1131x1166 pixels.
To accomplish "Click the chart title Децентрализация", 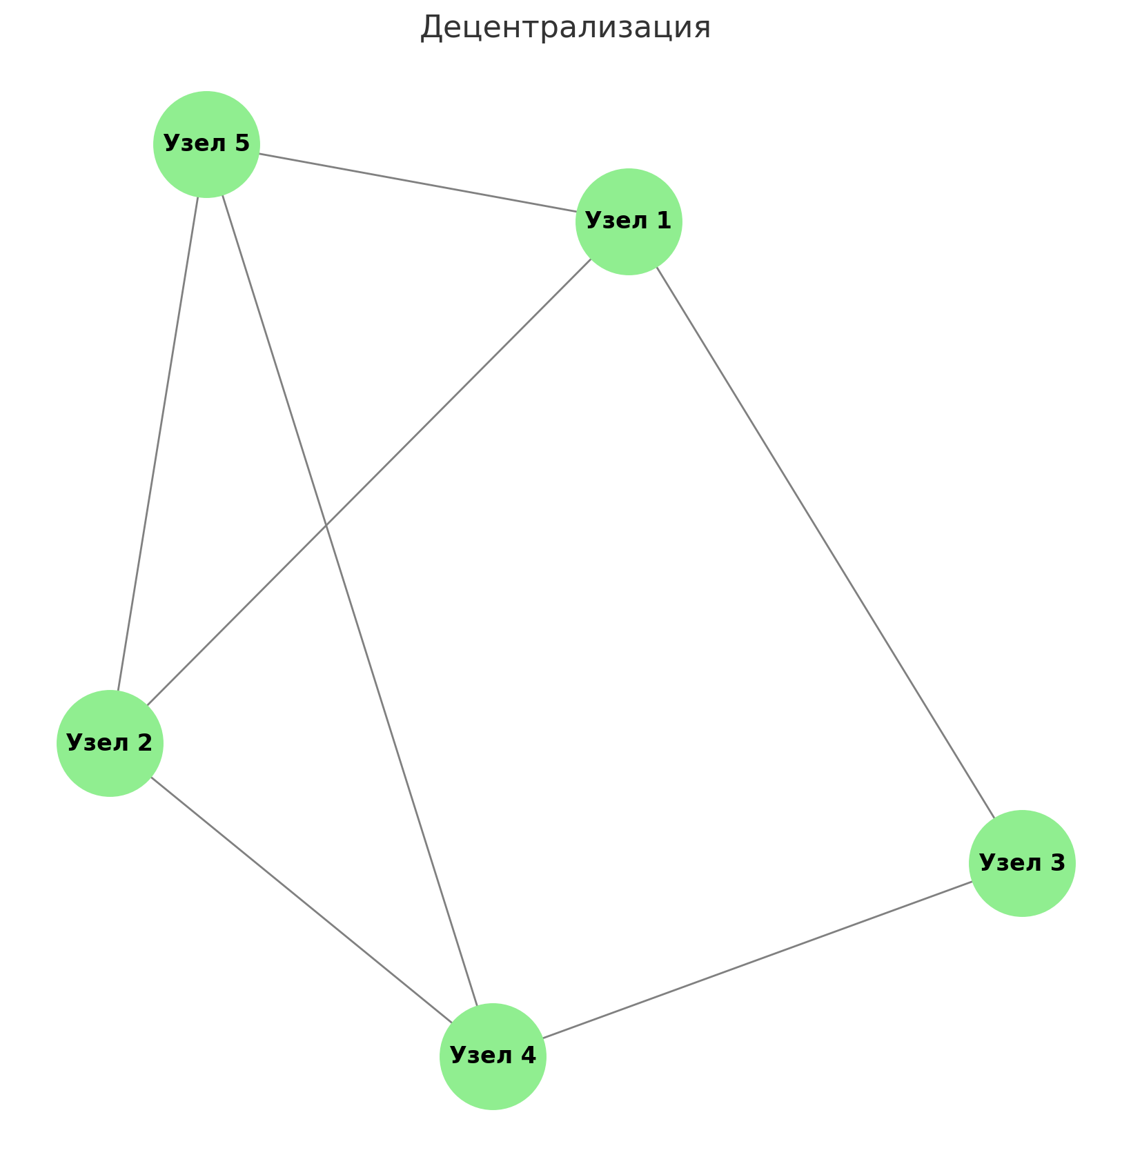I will [565, 28].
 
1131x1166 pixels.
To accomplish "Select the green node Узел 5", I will [206, 144].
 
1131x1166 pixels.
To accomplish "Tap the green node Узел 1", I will [629, 221].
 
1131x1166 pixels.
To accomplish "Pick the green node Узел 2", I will [110, 743].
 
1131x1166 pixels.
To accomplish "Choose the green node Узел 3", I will [1022, 863].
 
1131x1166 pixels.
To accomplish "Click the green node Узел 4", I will [493, 1056].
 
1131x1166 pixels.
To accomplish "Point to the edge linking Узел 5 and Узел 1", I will [417, 183].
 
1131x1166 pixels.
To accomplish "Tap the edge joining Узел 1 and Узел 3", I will [825, 542].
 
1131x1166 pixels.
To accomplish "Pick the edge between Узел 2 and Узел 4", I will [301, 900].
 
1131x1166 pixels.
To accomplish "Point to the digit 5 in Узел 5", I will [242, 144].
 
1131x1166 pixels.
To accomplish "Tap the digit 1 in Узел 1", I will [664, 221].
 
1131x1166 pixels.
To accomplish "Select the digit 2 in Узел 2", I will [145, 742].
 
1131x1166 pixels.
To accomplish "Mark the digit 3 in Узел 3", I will [1058, 862].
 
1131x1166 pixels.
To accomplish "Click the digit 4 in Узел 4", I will [528, 1056].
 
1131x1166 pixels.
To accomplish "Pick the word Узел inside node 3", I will [1009, 863].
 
